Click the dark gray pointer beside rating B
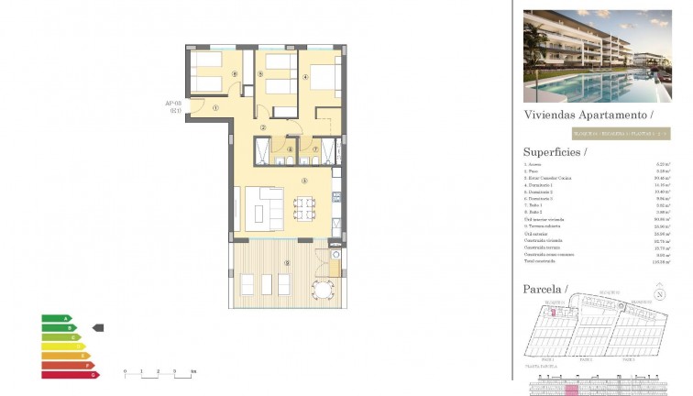tap(99, 327)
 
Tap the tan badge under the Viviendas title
tap(596, 134)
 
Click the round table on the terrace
tap(322, 290)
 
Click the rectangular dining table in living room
tap(304, 207)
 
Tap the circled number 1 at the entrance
tap(214, 107)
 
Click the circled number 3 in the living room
tap(303, 181)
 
